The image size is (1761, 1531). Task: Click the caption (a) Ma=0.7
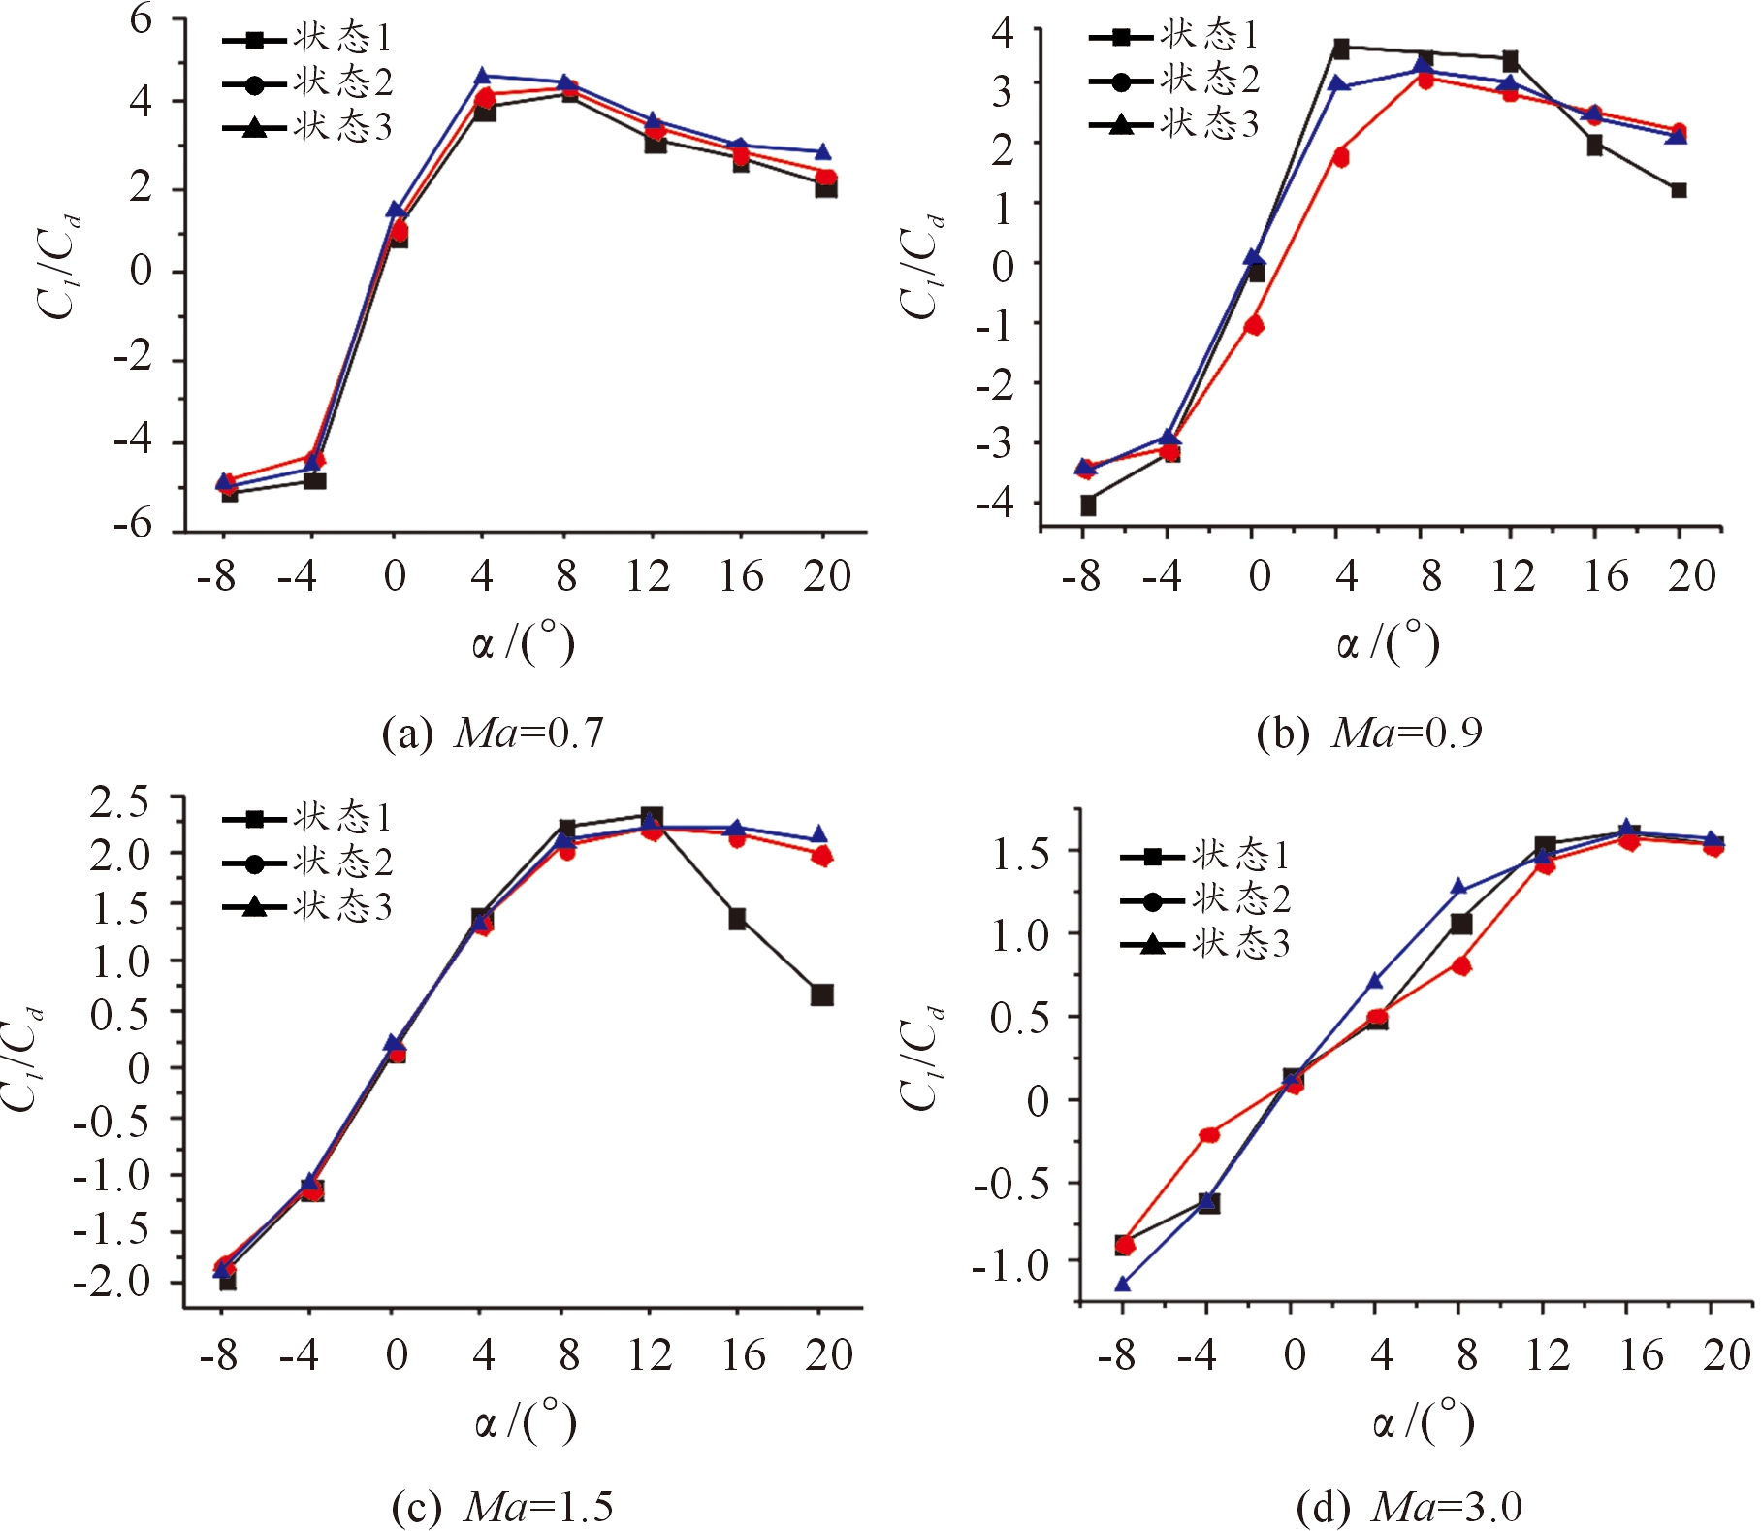click(493, 733)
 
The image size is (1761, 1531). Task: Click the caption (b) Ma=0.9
click(1368, 733)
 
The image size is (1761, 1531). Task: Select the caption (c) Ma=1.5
click(502, 1507)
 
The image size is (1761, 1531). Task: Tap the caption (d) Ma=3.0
click(1408, 1507)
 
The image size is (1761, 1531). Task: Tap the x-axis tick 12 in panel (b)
click(1512, 576)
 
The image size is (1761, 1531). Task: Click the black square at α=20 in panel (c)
click(821, 994)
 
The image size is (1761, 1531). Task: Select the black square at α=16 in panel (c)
click(737, 919)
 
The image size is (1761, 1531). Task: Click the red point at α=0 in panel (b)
click(1254, 325)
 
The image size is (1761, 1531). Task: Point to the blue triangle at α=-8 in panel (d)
click(1123, 1285)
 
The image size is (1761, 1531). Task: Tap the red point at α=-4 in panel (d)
click(1208, 1134)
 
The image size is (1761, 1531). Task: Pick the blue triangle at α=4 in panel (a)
click(482, 76)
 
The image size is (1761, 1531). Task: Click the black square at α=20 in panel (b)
click(1679, 190)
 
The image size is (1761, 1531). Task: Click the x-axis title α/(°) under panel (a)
click(524, 643)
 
